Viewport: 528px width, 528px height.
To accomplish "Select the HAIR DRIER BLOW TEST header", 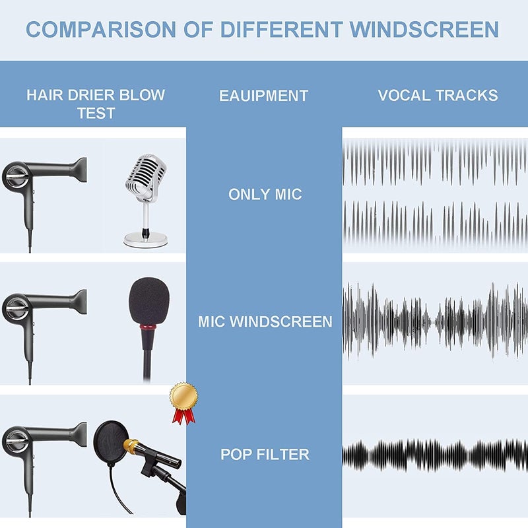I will (96, 103).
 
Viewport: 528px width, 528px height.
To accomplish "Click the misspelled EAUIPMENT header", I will (263, 96).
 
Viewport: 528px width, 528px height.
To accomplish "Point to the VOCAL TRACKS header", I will (438, 95).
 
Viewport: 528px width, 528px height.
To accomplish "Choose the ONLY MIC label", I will (265, 195).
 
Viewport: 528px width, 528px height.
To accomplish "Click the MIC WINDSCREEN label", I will (265, 322).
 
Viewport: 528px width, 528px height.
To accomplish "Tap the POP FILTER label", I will (265, 455).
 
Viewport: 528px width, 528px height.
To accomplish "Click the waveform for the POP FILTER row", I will (435, 455).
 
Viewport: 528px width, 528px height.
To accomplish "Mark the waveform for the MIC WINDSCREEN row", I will (435, 322).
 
